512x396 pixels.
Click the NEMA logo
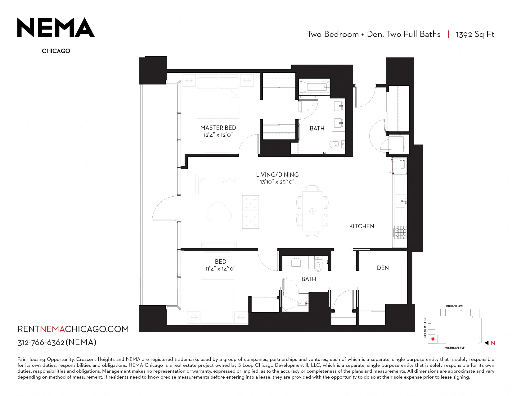click(56, 27)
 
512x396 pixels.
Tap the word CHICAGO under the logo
click(56, 51)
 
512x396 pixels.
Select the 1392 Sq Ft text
click(475, 34)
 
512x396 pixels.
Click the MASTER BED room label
click(218, 128)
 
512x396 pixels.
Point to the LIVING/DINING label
click(277, 175)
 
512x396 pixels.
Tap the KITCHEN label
click(362, 226)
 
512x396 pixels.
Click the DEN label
click(383, 268)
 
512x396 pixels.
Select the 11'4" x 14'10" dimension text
click(220, 269)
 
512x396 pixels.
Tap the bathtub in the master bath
click(314, 87)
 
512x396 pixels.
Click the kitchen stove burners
click(400, 232)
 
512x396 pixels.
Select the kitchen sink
click(401, 201)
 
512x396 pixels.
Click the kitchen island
click(361, 203)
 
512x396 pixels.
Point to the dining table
click(312, 211)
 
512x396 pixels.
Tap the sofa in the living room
click(219, 184)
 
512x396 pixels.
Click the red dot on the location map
click(432, 339)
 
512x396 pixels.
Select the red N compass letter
click(492, 343)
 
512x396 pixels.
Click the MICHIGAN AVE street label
click(455, 348)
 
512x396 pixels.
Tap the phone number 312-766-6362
click(41, 343)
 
